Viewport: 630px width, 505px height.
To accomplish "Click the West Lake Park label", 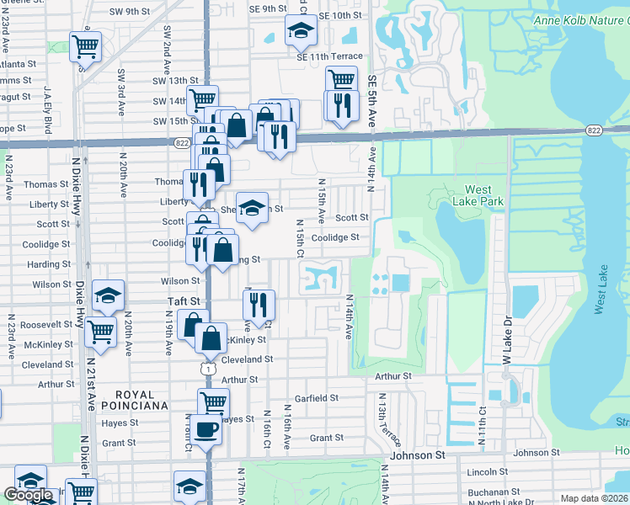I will pyautogui.click(x=478, y=195).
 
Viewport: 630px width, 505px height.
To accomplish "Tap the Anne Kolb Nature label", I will pyautogui.click(x=580, y=19).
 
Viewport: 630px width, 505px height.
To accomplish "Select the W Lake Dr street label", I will pyautogui.click(x=507, y=341).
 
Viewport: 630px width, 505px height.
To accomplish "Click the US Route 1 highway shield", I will pyautogui.click(x=207, y=368).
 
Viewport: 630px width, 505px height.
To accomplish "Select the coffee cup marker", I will pyautogui.click(x=205, y=430).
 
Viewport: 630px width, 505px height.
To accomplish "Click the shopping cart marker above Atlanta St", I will pyautogui.click(x=85, y=46).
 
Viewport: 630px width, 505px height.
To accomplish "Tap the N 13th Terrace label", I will pyautogui.click(x=390, y=419).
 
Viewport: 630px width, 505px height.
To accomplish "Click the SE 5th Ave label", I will pyautogui.click(x=371, y=99).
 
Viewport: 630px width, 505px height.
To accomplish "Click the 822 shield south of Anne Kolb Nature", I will pyautogui.click(x=595, y=130).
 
